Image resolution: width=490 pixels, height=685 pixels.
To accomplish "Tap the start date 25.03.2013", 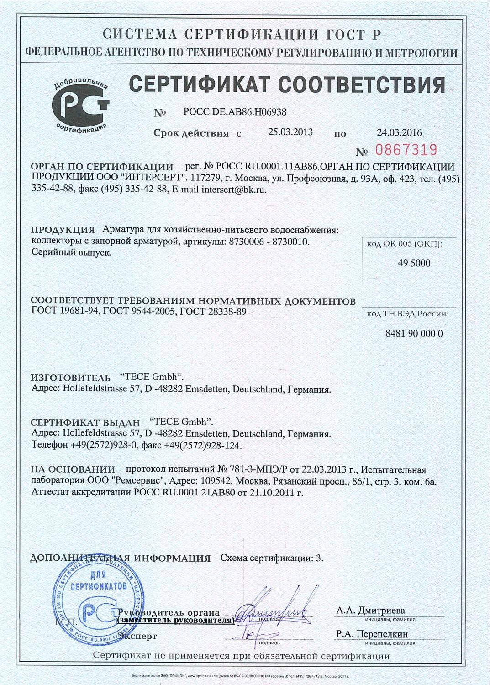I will [290, 132].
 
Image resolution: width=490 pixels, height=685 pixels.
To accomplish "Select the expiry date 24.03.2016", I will [399, 133].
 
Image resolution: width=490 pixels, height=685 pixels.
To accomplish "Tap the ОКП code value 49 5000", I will [414, 263].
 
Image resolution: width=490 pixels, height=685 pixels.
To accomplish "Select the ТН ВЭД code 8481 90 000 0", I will [414, 333].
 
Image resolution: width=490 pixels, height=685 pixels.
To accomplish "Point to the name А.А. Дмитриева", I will [370, 611].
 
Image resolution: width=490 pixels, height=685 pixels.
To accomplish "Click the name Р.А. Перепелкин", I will [372, 634].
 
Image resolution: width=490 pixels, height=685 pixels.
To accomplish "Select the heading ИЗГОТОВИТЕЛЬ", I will [70, 378].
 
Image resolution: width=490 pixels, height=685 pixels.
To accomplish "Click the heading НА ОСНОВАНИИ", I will [73, 469].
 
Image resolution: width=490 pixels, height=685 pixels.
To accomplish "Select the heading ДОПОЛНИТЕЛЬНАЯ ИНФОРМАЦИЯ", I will [120, 559].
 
